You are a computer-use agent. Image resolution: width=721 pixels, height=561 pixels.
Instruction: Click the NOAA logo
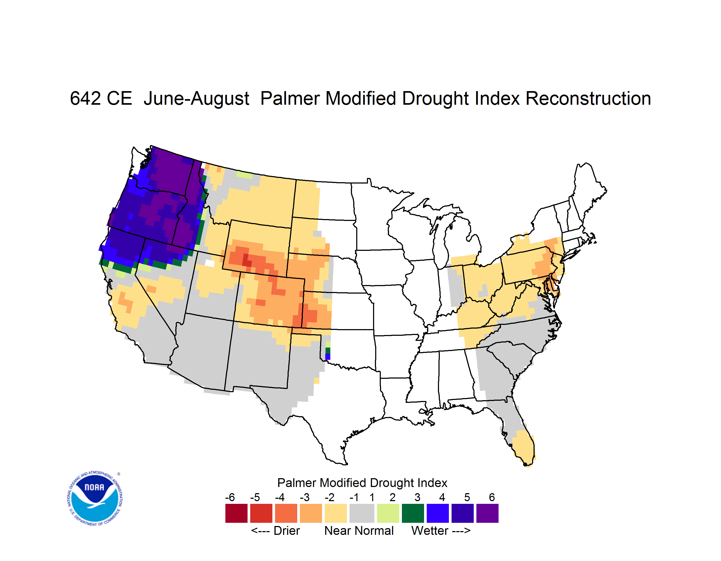point(95,498)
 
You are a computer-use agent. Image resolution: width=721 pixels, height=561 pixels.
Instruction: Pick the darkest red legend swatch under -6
point(236,513)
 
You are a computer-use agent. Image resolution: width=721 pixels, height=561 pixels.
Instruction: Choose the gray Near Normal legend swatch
point(362,513)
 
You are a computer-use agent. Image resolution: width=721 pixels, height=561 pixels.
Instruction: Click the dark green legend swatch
point(413,513)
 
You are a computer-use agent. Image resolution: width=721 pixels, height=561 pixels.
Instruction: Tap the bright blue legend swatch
point(438,513)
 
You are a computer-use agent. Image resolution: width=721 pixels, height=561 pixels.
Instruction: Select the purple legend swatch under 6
point(487,513)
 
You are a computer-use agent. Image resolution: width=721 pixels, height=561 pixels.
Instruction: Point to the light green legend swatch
point(388,513)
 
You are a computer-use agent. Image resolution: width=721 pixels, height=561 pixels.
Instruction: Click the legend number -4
point(280,497)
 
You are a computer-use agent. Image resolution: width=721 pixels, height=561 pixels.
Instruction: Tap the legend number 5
point(467,497)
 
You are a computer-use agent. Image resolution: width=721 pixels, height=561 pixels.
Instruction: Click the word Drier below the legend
point(287,531)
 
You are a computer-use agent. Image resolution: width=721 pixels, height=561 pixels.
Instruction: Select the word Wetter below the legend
point(430,531)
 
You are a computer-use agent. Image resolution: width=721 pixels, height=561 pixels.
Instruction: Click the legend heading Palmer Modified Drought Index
point(362,483)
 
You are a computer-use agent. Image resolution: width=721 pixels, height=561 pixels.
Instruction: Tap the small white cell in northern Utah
point(210,263)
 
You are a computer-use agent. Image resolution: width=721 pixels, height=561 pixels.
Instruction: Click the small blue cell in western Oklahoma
point(328,357)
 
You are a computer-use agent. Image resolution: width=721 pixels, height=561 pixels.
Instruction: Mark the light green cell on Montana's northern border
point(245,175)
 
